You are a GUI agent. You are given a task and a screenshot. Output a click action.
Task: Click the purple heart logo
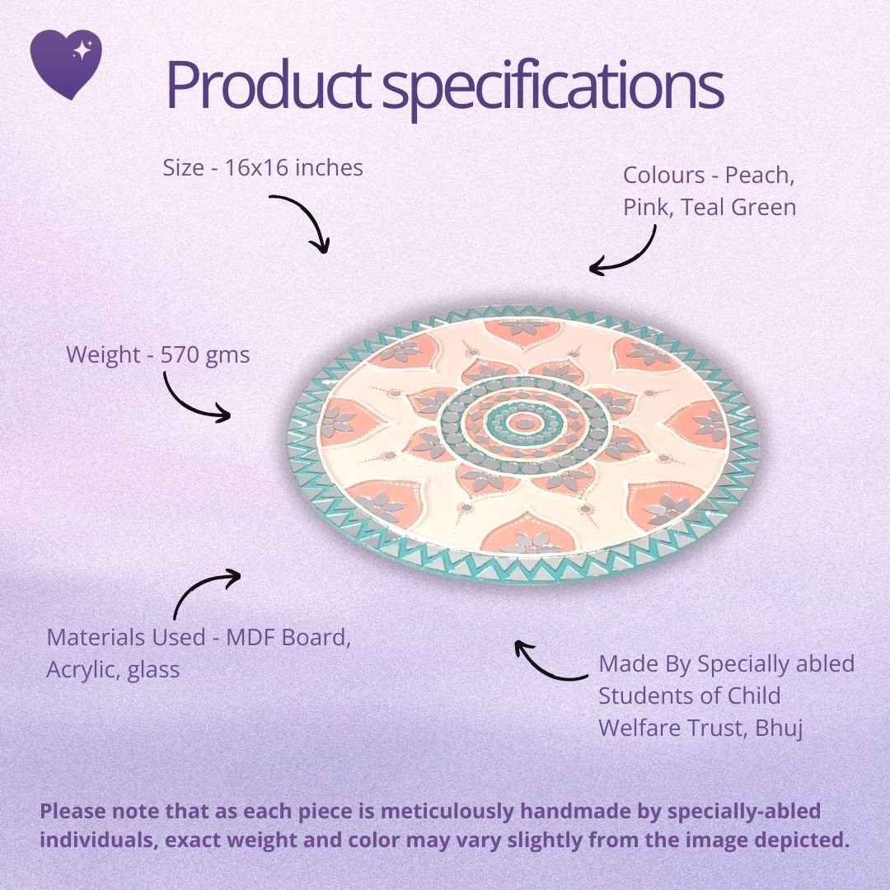click(66, 63)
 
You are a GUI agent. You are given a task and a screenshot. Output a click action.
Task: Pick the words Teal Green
click(738, 207)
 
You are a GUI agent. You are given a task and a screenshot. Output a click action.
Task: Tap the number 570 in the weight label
click(180, 354)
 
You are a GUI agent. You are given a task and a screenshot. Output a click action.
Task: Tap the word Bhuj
click(779, 728)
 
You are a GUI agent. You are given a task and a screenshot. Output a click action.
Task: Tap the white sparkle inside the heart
click(82, 50)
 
